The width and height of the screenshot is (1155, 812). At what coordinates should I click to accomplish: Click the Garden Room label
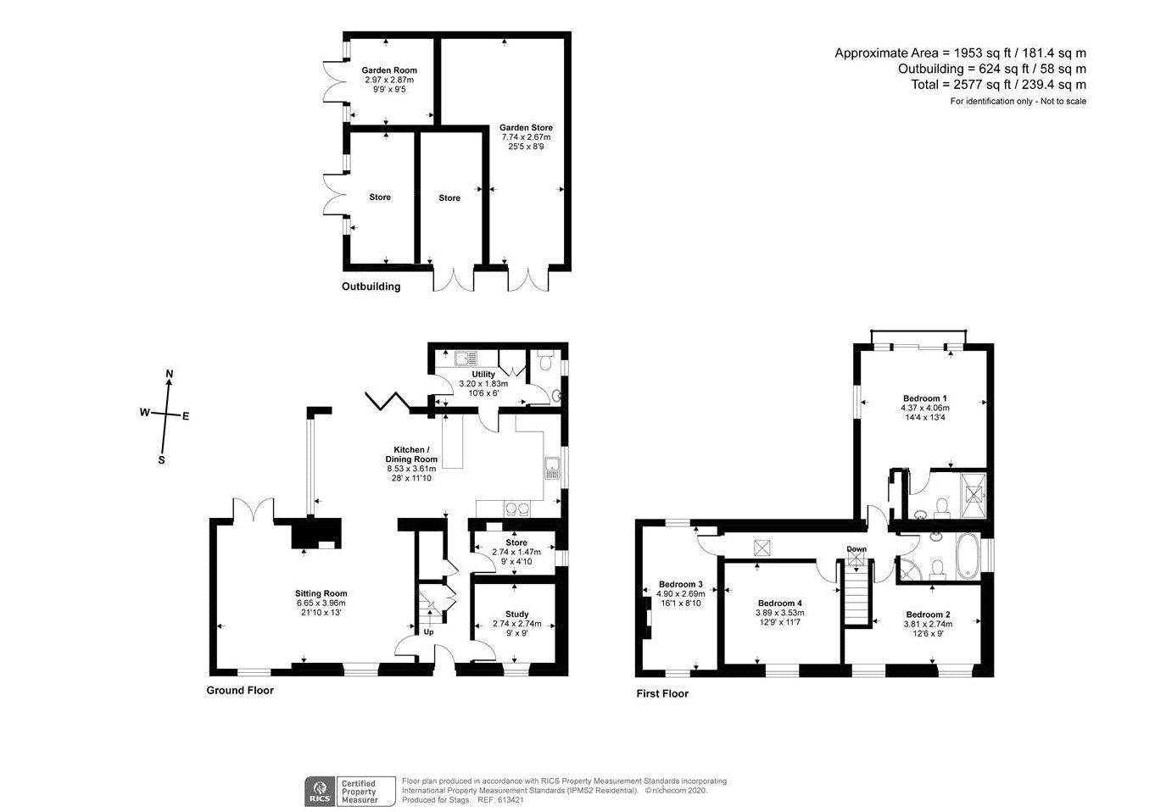388,70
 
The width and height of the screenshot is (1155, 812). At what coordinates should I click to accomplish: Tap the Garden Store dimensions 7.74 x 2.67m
526,137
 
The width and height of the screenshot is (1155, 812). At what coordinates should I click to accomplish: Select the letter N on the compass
169,374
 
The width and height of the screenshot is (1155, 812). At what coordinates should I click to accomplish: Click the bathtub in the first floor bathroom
968,556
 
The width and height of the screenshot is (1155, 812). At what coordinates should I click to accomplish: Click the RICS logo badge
320,791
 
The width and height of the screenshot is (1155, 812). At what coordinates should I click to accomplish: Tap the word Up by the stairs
428,631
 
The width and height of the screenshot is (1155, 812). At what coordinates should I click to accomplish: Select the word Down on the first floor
856,548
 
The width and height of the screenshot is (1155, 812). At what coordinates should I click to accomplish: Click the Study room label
516,615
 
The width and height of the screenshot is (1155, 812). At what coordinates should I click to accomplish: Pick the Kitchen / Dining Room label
411,454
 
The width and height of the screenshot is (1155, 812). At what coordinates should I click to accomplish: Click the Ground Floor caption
240,691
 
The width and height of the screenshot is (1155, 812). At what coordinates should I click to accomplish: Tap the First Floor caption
662,693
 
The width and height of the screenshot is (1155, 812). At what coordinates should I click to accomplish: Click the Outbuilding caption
371,286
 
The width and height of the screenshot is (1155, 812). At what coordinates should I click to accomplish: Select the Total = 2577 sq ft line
998,85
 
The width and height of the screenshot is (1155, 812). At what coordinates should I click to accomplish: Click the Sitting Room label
321,593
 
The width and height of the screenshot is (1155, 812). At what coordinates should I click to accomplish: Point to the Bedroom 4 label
779,603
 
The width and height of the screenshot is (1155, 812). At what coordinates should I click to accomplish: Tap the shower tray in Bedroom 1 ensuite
974,495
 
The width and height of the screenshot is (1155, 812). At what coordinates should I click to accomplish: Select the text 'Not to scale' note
1063,102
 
